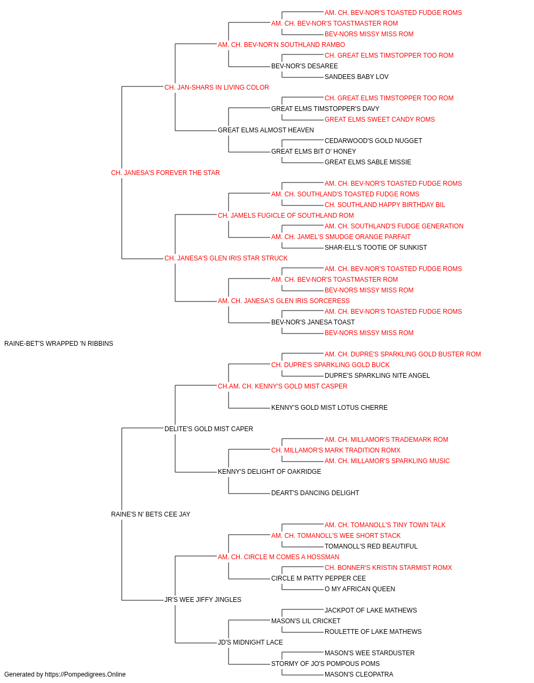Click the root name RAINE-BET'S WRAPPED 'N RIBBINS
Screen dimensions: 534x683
(59, 344)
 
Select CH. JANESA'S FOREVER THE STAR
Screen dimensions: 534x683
(165, 173)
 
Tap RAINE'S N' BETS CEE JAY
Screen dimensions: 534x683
(151, 514)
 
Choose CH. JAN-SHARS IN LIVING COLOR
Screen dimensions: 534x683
(216, 88)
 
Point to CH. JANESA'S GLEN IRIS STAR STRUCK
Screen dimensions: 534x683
(226, 258)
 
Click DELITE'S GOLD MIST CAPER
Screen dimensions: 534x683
(208, 429)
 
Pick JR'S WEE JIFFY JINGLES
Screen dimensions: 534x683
(202, 600)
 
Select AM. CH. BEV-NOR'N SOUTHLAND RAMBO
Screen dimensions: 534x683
(281, 45)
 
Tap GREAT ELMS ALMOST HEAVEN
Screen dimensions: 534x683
(266, 130)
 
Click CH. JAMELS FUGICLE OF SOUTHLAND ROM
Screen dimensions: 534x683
(286, 216)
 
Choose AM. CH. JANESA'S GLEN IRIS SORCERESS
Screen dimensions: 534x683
(284, 301)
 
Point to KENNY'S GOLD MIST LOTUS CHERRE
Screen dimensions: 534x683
(329, 408)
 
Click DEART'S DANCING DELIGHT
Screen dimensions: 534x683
(315, 493)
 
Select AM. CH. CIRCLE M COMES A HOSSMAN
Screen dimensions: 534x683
(278, 557)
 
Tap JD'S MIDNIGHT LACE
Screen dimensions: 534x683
(250, 642)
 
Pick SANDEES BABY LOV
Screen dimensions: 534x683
(356, 77)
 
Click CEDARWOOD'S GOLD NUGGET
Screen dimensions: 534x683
(373, 141)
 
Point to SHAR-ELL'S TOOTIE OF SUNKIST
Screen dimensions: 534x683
(375, 248)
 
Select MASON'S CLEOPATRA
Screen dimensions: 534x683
(359, 674)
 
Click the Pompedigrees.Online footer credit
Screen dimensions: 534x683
(65, 674)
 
